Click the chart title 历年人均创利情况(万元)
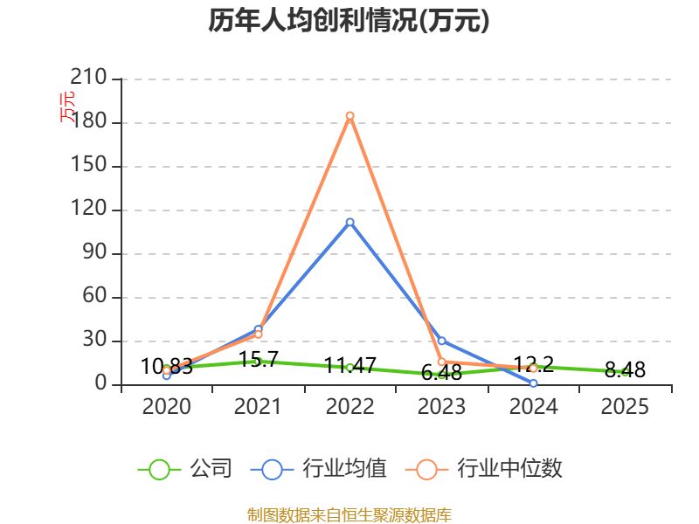point(349,20)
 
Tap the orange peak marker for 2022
point(350,116)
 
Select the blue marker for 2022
point(350,222)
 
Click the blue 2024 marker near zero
point(533,383)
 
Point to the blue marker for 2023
point(441,341)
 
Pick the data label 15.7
point(259,359)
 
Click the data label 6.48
point(441,373)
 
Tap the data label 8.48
point(625,369)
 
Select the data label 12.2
point(534,364)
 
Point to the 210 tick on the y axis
point(88,77)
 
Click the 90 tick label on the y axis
point(94,252)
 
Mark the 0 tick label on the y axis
point(100,383)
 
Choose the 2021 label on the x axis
point(258,407)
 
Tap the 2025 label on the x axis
point(625,407)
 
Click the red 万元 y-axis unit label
point(67,107)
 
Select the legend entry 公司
point(185,469)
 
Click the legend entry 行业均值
point(318,469)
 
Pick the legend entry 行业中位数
point(484,469)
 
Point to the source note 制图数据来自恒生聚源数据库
point(349,515)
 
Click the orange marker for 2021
point(258,334)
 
